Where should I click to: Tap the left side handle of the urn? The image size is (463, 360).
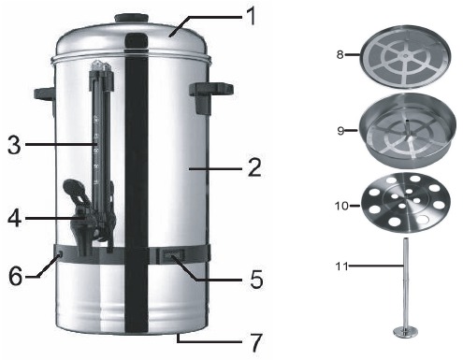click(45, 93)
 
